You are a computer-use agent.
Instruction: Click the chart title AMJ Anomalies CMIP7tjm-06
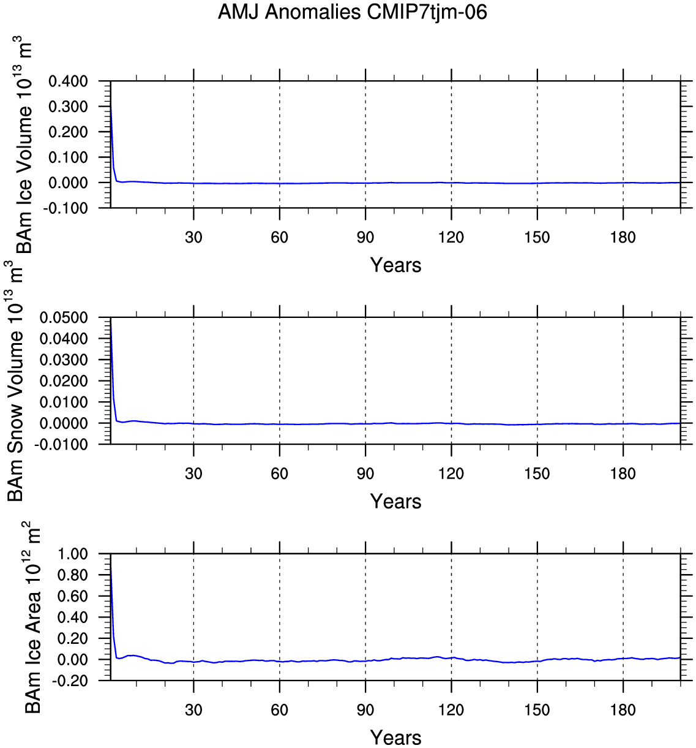tap(352, 12)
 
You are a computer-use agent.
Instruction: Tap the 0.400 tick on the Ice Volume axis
tap(68, 81)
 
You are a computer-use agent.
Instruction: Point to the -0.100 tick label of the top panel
tap(65, 208)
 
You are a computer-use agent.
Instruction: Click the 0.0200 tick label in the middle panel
tap(64, 381)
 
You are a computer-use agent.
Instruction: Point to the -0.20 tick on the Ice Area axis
tap(70, 681)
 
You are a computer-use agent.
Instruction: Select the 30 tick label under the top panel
tap(193, 237)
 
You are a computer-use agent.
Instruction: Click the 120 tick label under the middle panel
tap(451, 474)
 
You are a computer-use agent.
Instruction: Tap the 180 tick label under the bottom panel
tap(623, 711)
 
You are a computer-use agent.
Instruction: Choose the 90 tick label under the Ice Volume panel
tap(365, 237)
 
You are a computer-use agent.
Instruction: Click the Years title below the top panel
tap(395, 265)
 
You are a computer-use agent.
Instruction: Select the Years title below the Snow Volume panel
tap(395, 502)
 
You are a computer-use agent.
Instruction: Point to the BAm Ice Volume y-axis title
tap(23, 145)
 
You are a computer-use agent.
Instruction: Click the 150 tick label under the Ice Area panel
tap(537, 711)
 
